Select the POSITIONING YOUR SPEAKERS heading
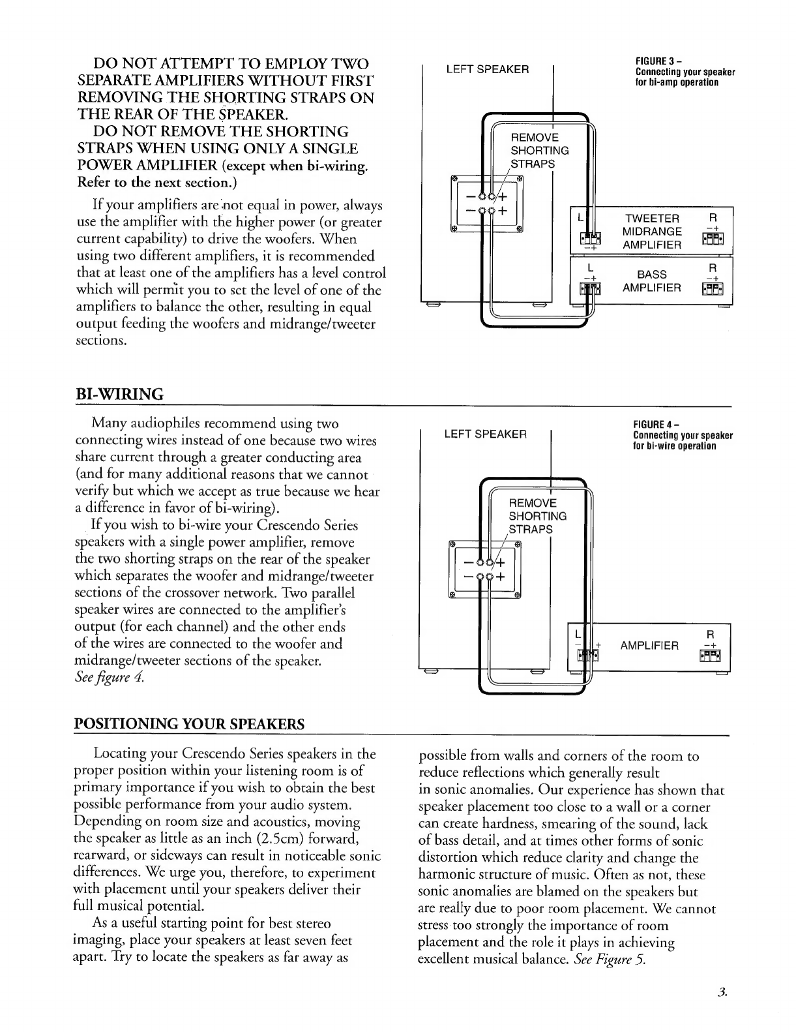(190, 725)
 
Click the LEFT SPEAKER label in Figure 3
(487, 69)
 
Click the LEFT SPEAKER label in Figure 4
(485, 434)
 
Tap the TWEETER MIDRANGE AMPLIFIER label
(652, 232)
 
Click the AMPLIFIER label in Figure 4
(649, 646)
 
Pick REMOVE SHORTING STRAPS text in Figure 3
(539, 150)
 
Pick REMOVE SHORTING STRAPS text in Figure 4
(537, 516)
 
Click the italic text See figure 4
(108, 678)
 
